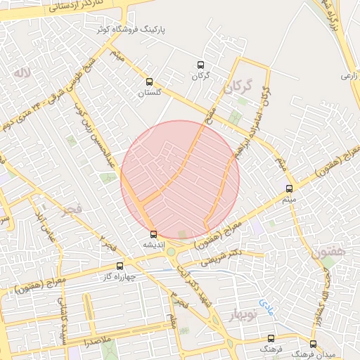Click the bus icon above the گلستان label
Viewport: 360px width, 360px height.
coord(148,82)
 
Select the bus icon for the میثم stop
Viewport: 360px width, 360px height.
coord(289,188)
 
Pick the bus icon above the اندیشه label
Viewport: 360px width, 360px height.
coord(153,234)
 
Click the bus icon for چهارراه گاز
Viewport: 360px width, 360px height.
coord(120,266)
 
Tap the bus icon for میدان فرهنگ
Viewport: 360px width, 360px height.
coord(313,344)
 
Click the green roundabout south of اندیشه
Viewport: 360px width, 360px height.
coord(171,252)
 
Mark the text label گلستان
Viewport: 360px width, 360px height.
coord(148,92)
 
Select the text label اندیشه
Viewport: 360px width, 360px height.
coord(153,244)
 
